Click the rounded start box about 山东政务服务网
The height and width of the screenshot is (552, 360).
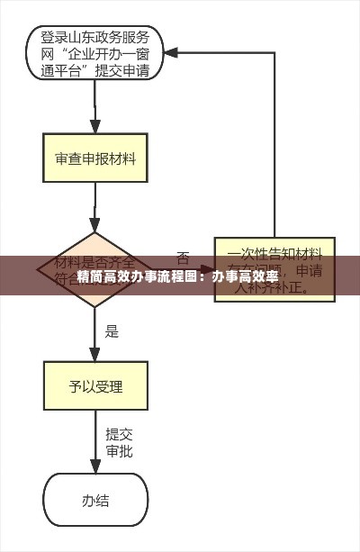[94, 54]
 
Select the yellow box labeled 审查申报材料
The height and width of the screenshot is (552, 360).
[94, 159]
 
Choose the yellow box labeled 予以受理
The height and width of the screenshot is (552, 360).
[94, 388]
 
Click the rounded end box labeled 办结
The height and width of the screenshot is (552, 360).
[94, 500]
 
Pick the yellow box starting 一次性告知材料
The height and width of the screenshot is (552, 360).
[274, 268]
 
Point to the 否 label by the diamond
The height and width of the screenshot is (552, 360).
[183, 257]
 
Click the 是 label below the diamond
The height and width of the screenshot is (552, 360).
[112, 330]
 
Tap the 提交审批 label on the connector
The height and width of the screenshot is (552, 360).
[119, 442]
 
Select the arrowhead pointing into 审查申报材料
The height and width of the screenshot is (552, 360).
[94, 127]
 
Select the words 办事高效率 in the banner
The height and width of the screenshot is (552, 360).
[245, 276]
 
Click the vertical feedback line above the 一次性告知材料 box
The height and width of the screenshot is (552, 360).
[274, 144]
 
